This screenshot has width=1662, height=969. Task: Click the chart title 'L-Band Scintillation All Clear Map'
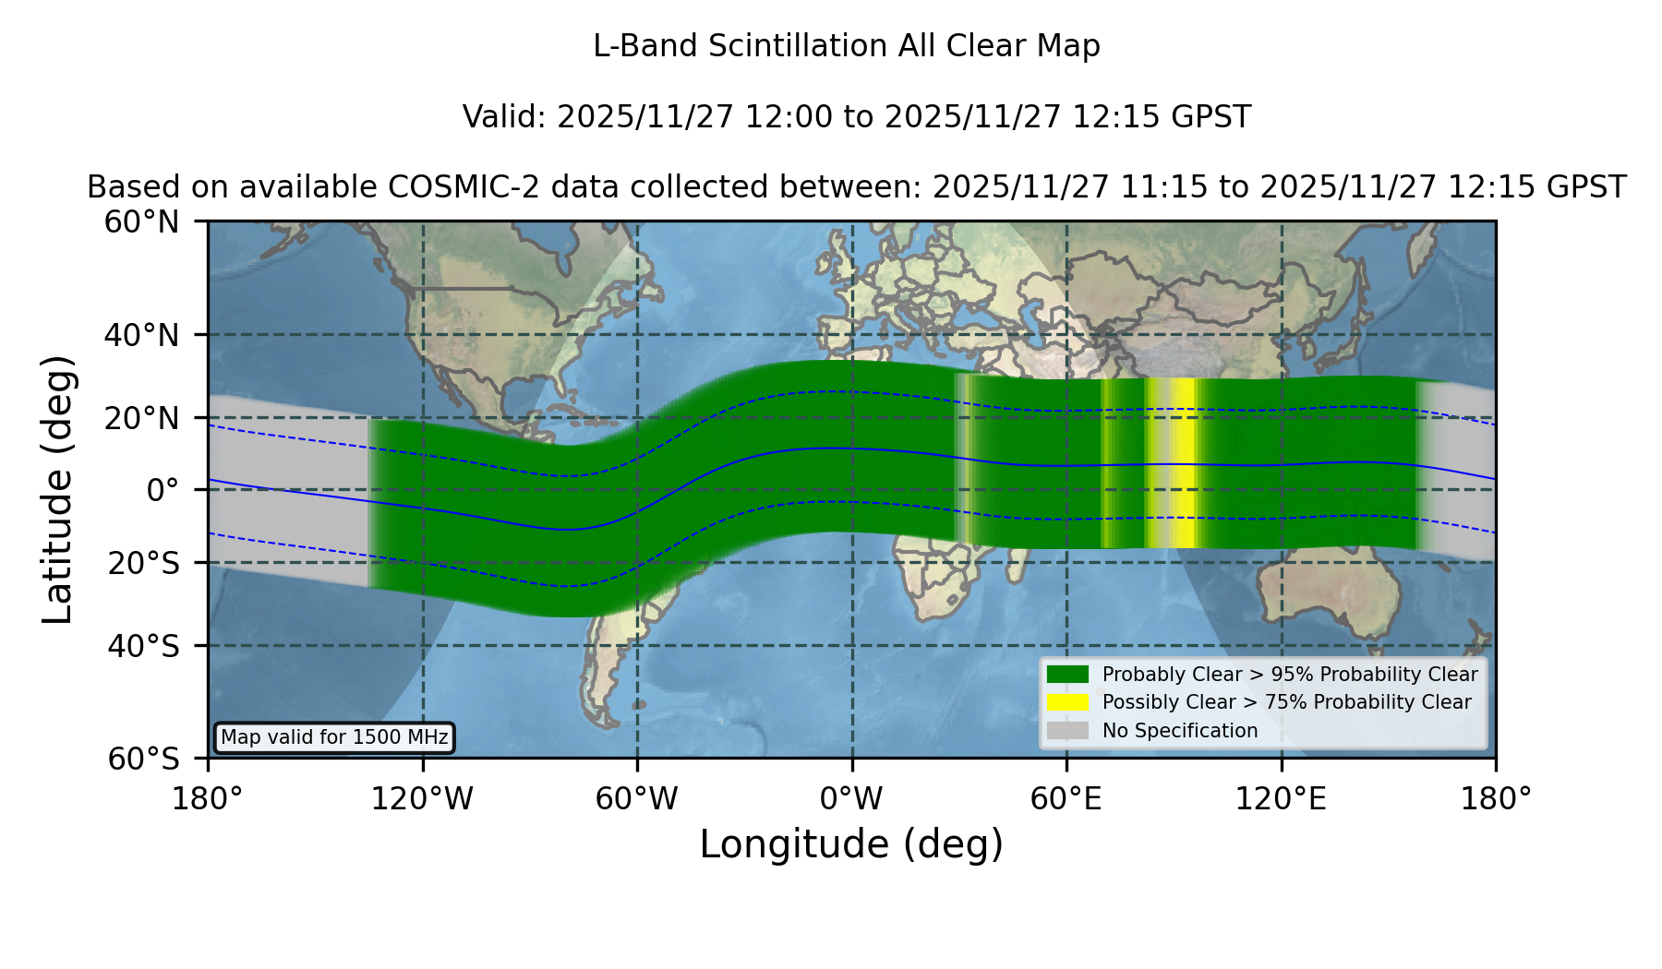click(847, 46)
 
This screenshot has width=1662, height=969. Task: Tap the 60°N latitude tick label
click(141, 222)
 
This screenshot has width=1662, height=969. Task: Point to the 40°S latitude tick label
click(143, 646)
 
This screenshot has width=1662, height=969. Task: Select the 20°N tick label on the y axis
click(141, 418)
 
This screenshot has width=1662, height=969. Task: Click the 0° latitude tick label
click(163, 489)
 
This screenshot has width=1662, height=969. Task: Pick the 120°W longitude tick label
click(422, 798)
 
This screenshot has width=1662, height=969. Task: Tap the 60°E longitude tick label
click(1066, 798)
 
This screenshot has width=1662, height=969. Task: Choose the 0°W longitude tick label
click(852, 798)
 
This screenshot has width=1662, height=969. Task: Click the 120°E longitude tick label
click(1282, 798)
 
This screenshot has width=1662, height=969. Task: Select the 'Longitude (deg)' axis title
click(851, 844)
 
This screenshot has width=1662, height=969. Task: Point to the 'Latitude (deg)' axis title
click(57, 489)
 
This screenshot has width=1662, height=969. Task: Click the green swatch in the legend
click(1068, 675)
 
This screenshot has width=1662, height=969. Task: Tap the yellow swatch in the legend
click(1068, 702)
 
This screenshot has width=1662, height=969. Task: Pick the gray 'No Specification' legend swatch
click(1068, 731)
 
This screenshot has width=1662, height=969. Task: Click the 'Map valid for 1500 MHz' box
click(334, 737)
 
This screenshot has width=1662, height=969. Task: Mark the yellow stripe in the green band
click(1172, 463)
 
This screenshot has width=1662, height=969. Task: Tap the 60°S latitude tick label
click(143, 759)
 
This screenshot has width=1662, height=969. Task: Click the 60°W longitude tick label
click(636, 798)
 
